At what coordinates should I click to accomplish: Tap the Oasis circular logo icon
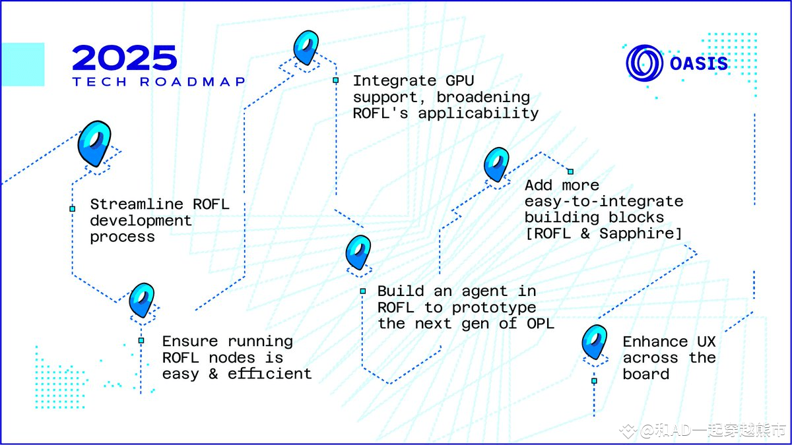click(x=644, y=64)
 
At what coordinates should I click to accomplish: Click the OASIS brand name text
click(x=699, y=64)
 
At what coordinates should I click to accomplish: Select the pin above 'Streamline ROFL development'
click(x=94, y=143)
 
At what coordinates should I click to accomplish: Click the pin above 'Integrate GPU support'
click(x=306, y=47)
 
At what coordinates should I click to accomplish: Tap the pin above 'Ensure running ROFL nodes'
click(x=141, y=300)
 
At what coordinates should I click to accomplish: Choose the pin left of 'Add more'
click(x=496, y=164)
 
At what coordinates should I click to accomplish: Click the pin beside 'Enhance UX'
click(x=595, y=342)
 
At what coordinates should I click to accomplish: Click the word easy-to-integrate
click(x=604, y=201)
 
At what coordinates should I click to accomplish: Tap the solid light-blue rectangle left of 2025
click(x=23, y=65)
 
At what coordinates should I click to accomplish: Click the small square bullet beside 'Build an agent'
click(x=363, y=291)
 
